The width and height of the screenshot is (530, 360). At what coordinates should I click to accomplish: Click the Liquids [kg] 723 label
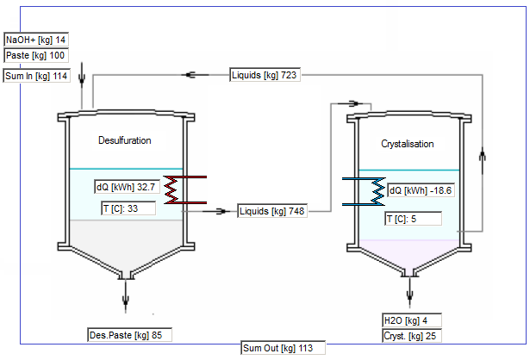pyautogui.click(x=265, y=76)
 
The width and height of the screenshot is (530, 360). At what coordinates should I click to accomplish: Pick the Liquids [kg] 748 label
pyautogui.click(x=274, y=211)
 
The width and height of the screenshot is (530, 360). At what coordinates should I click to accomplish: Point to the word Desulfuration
pyautogui.click(x=125, y=140)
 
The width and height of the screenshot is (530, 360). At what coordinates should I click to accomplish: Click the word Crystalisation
pyautogui.click(x=408, y=144)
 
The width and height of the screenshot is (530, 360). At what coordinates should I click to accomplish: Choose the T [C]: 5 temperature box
pyautogui.click(x=413, y=219)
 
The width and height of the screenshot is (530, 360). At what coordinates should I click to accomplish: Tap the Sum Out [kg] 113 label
pyautogui.click(x=283, y=349)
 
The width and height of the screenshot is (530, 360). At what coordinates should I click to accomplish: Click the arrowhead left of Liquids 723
pyautogui.click(x=195, y=76)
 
